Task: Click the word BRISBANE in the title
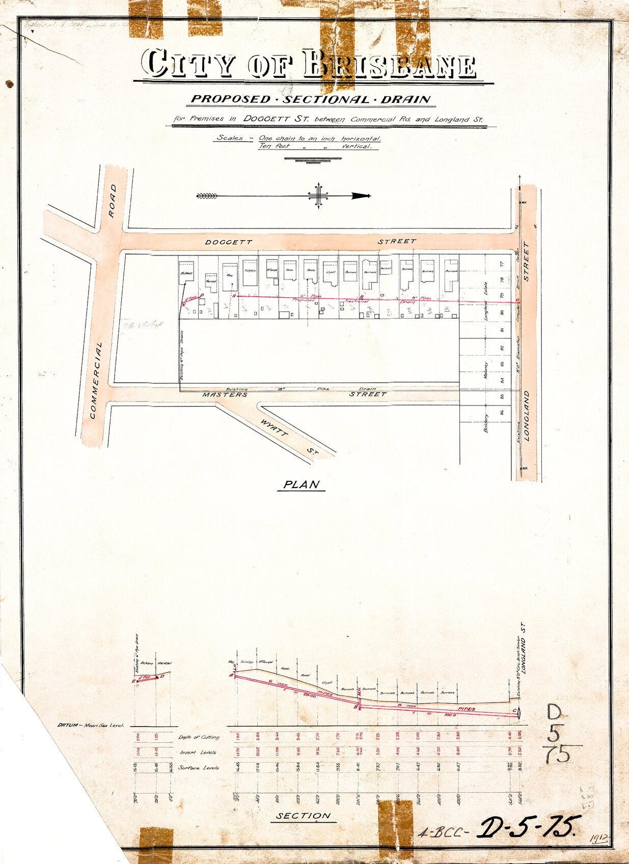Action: [390, 65]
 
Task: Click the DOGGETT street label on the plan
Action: [229, 242]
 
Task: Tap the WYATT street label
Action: [274, 429]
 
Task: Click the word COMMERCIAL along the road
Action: [96, 380]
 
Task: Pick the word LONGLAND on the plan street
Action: [527, 415]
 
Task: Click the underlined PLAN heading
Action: [302, 484]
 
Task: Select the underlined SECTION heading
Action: [304, 816]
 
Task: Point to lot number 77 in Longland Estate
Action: [502, 265]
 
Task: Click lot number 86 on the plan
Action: [502, 412]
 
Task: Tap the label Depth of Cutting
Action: [199, 737]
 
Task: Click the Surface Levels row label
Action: [199, 767]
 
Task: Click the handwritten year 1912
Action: [600, 839]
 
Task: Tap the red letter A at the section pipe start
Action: [232, 675]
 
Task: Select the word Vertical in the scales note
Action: [360, 146]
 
